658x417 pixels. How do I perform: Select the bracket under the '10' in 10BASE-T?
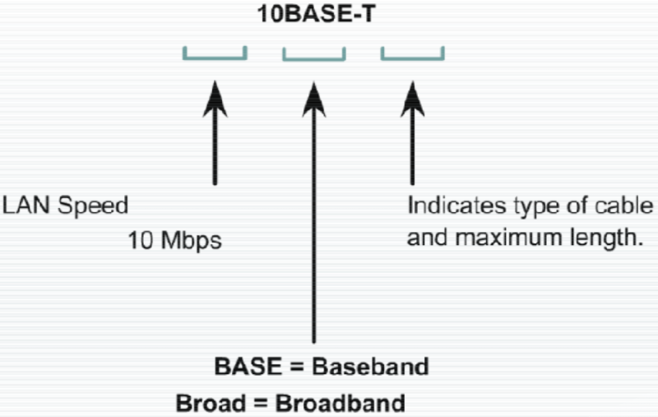click(x=215, y=56)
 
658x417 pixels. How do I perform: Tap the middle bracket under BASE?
click(x=313, y=56)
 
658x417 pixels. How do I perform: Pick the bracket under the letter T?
click(x=413, y=56)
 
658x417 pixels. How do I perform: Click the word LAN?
click(x=21, y=205)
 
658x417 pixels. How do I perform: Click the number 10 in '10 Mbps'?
click(x=138, y=242)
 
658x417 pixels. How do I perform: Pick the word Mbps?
click(x=188, y=243)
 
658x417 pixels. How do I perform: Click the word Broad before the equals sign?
click(x=210, y=404)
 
